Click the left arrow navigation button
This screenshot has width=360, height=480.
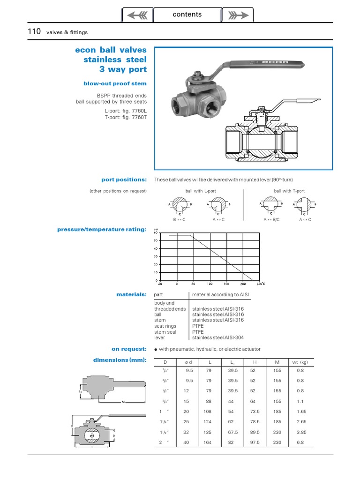[x=137, y=15]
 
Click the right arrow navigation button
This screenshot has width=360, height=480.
[x=237, y=15]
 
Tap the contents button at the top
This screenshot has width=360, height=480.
[x=187, y=15]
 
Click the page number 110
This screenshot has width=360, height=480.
[x=35, y=31]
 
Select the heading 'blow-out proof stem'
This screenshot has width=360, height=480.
[x=115, y=83]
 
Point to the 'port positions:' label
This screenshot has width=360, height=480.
[x=124, y=180]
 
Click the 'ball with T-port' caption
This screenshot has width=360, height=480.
[x=289, y=191]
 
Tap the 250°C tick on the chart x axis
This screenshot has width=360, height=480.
[x=260, y=284]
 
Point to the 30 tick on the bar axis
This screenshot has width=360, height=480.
[x=156, y=256]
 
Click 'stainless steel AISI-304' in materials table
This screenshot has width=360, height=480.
[x=218, y=337]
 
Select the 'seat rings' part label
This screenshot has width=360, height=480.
[x=165, y=326]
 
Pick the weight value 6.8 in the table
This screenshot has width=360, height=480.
[x=301, y=442]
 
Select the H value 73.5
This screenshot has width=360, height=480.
[x=255, y=411]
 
